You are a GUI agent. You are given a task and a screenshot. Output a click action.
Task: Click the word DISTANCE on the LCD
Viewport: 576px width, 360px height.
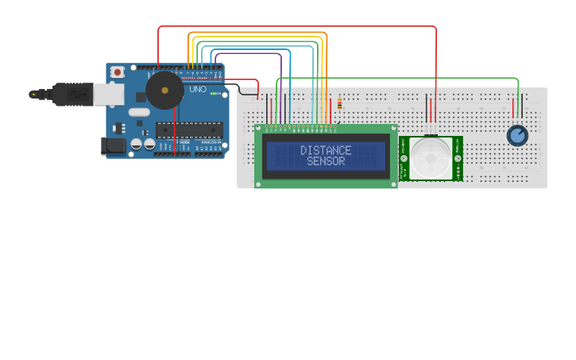click(326, 150)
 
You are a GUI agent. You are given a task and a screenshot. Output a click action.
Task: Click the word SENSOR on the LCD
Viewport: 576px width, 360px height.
click(326, 161)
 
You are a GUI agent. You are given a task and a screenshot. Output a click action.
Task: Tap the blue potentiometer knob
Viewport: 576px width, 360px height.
click(517, 136)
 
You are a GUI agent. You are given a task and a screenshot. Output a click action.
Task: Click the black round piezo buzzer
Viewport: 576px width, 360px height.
click(164, 91)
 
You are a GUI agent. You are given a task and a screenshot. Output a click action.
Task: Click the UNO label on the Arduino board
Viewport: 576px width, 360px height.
click(198, 90)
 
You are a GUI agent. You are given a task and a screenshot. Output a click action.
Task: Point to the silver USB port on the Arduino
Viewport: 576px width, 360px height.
click(109, 95)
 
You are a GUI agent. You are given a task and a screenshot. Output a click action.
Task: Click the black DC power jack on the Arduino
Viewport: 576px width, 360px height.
click(113, 145)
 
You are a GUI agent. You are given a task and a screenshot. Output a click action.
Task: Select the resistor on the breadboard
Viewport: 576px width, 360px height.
click(340, 103)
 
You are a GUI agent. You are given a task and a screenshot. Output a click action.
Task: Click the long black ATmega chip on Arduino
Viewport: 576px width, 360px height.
click(189, 130)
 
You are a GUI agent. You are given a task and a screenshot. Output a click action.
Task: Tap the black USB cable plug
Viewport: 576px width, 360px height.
click(72, 94)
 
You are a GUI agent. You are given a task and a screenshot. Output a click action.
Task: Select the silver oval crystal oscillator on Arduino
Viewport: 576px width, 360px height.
click(138, 112)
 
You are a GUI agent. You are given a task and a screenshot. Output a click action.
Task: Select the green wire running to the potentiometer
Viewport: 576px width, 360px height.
click(397, 79)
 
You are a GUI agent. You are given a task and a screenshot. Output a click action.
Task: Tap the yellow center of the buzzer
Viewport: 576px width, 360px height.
click(164, 91)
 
